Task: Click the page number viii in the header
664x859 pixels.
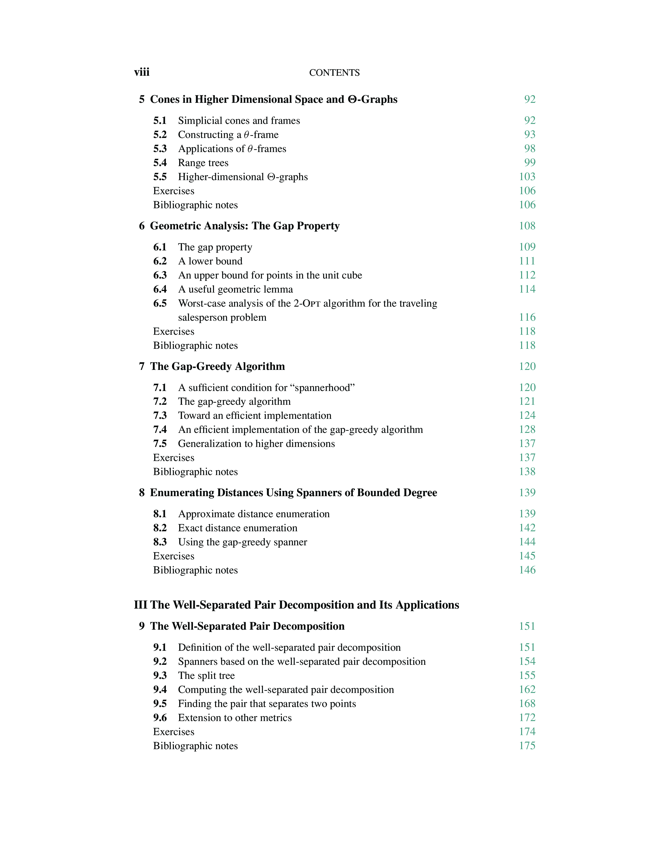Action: point(142,72)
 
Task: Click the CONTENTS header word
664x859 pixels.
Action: point(334,73)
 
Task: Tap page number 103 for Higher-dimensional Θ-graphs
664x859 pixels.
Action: point(527,176)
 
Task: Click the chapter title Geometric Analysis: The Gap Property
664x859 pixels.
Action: point(245,226)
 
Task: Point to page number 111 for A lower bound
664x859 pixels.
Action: point(527,261)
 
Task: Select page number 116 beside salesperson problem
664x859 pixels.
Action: point(527,317)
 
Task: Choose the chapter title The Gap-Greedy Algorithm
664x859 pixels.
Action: point(217,367)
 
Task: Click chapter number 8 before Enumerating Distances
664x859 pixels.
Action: point(142,493)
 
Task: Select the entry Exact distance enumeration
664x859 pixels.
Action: point(237,528)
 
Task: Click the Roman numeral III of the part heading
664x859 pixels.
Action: point(140,605)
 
